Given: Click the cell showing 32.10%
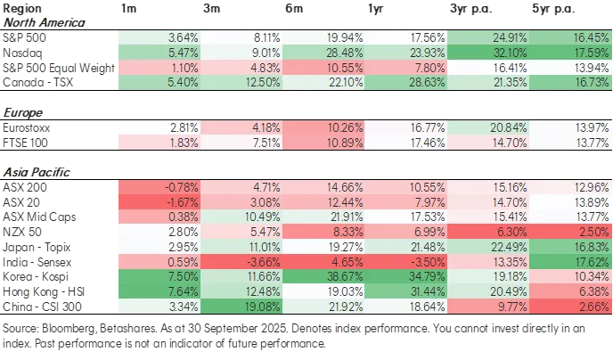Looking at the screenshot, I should pos(489,53).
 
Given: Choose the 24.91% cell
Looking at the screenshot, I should pos(489,37).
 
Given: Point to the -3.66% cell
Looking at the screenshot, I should pos(242,264).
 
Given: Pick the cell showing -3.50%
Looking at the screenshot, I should pos(407,264).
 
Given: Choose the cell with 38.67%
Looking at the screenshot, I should pos(325,279).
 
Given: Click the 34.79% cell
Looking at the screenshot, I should pos(407,279).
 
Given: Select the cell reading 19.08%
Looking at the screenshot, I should pos(242,308).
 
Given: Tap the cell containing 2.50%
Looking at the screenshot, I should pos(571,233).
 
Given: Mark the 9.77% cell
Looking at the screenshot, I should pos(489,308).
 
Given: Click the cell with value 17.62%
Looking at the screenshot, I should pos(571,264).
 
